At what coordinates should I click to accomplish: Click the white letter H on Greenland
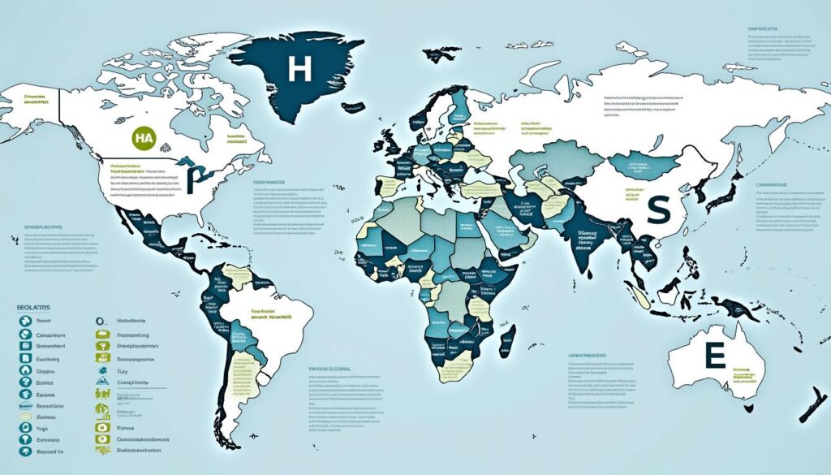299,69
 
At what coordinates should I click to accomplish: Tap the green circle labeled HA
142,139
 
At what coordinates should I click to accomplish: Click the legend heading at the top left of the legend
32,309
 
